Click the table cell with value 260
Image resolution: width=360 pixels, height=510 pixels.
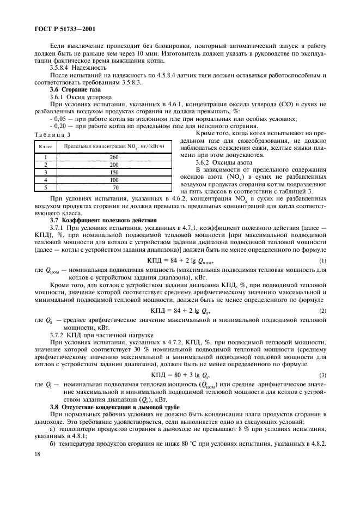(x=114, y=157)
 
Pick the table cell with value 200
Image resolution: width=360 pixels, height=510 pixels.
(x=114, y=164)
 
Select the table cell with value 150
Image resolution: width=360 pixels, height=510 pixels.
(x=114, y=172)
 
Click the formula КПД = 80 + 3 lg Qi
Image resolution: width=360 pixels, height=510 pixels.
(x=180, y=375)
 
